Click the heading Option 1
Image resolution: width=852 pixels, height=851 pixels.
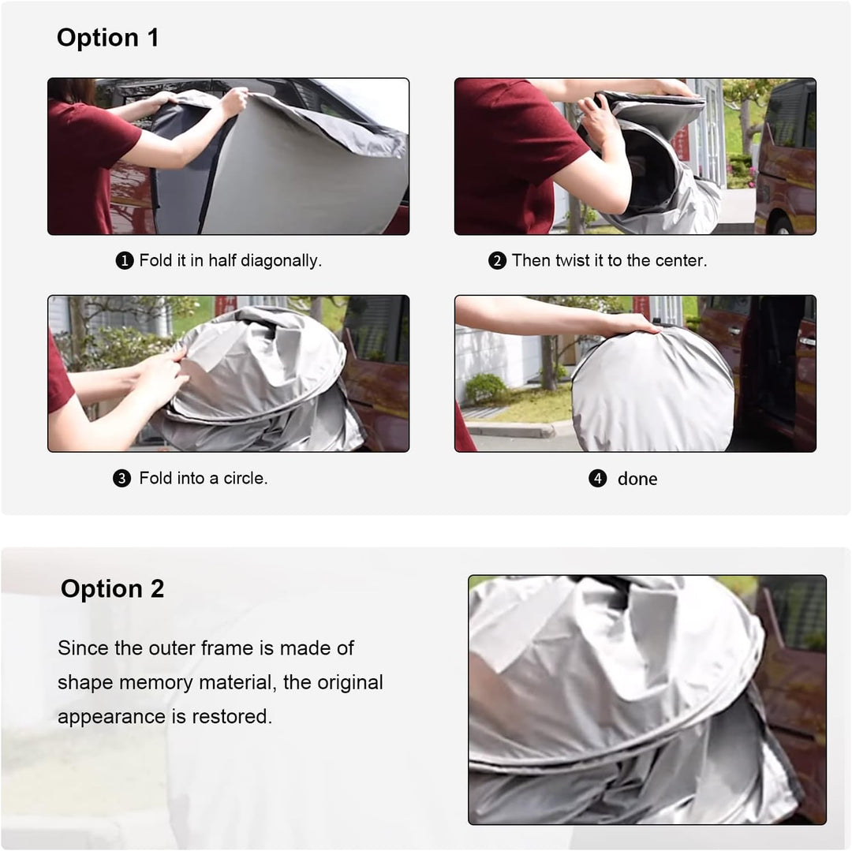coord(107,38)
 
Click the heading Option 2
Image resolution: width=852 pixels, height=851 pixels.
coord(113,588)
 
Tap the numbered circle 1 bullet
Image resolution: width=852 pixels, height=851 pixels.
coord(125,261)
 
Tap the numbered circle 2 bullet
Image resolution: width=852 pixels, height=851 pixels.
coord(497,261)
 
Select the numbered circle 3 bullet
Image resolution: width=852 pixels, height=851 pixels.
coord(121,479)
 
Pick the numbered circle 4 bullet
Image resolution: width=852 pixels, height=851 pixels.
coord(598,479)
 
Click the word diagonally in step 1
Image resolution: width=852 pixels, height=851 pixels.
coord(281,261)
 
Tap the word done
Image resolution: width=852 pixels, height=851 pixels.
coord(637,479)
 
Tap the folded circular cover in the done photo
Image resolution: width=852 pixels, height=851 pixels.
coord(653,389)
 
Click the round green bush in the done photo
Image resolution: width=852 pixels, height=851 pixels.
coord(486,388)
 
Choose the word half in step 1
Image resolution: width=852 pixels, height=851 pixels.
coord(222,261)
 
